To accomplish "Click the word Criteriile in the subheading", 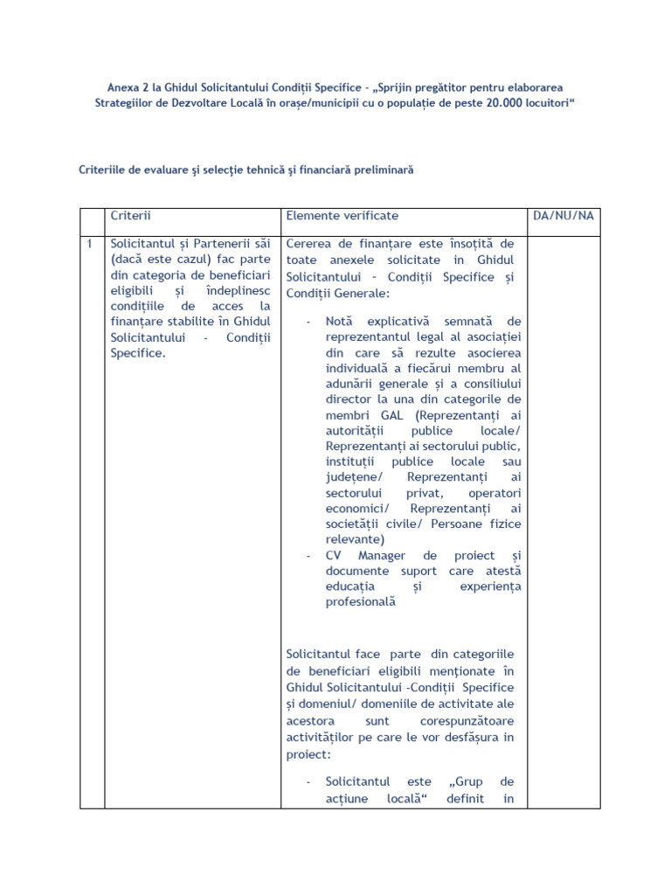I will pos(106,171).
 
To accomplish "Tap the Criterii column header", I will pos(130,215).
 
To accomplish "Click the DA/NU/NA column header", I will pos(563,215).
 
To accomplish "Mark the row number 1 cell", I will pos(89,243).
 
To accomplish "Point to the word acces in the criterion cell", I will pos(229,307).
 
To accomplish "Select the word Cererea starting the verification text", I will pos(310,243).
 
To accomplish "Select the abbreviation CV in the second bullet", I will pos(333,556).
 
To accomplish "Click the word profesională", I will pos(360,602).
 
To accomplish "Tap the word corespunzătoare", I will pos(470,722).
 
